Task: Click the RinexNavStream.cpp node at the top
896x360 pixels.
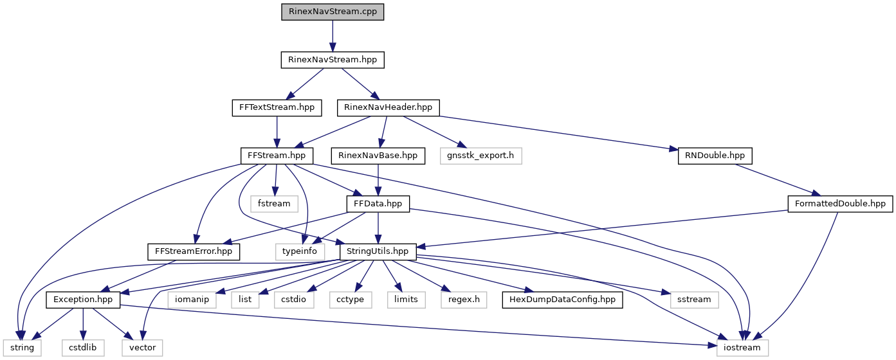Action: click(x=333, y=12)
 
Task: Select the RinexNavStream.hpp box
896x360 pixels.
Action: click(x=333, y=60)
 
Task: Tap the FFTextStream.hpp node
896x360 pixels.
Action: click(x=276, y=107)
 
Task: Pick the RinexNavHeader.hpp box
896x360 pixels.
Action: click(x=389, y=107)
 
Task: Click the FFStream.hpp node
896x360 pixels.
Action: click(x=277, y=156)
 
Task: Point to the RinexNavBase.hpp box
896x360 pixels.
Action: click(x=378, y=156)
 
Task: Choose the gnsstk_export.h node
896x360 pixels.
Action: click(x=481, y=156)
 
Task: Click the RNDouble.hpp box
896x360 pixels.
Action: click(x=715, y=156)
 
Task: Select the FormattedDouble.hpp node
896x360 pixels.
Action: click(x=840, y=204)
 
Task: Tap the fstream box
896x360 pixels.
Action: click(x=275, y=204)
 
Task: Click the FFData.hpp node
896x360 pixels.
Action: click(x=378, y=204)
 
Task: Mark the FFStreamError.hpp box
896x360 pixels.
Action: click(x=194, y=251)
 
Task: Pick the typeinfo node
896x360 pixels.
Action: click(x=296, y=251)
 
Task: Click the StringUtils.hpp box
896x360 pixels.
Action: click(x=378, y=251)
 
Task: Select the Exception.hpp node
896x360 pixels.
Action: click(x=83, y=300)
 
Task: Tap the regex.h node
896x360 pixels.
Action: click(x=464, y=300)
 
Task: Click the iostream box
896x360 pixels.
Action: click(x=743, y=348)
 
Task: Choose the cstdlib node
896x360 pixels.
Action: click(x=82, y=348)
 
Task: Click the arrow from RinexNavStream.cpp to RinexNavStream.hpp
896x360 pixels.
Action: click(x=333, y=36)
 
